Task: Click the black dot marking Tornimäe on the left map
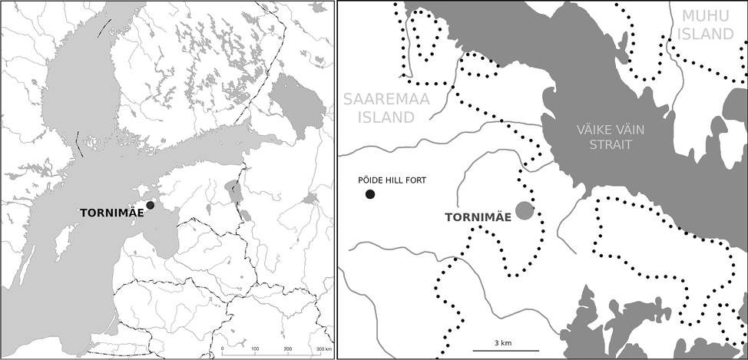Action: tap(151, 205)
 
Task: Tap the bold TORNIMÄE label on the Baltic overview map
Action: tap(111, 212)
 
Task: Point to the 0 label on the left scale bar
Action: tap(222, 348)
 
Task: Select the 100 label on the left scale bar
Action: tap(255, 348)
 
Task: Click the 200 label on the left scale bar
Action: tap(288, 348)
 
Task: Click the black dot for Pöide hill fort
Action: tap(370, 194)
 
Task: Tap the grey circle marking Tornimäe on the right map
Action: tap(525, 210)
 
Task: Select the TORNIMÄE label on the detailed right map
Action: tap(478, 218)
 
